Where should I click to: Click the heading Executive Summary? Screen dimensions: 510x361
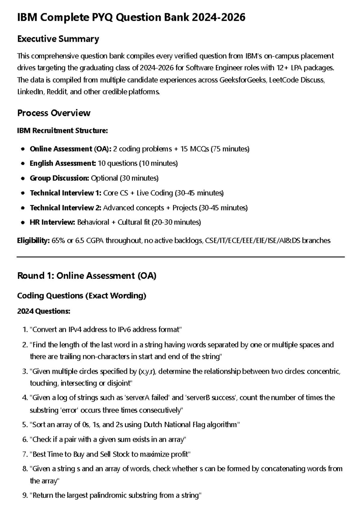pos(58,39)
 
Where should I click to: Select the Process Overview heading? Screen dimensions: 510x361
pos(54,113)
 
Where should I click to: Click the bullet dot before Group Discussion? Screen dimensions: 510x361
pos(23,178)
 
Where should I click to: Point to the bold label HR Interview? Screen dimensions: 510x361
pos(52,222)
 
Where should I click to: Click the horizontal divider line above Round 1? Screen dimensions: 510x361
pos(180,257)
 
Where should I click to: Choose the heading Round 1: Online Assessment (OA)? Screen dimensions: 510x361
pos(87,276)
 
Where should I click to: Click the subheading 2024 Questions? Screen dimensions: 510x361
pos(44,311)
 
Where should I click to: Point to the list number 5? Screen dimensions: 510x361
pos(25,425)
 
